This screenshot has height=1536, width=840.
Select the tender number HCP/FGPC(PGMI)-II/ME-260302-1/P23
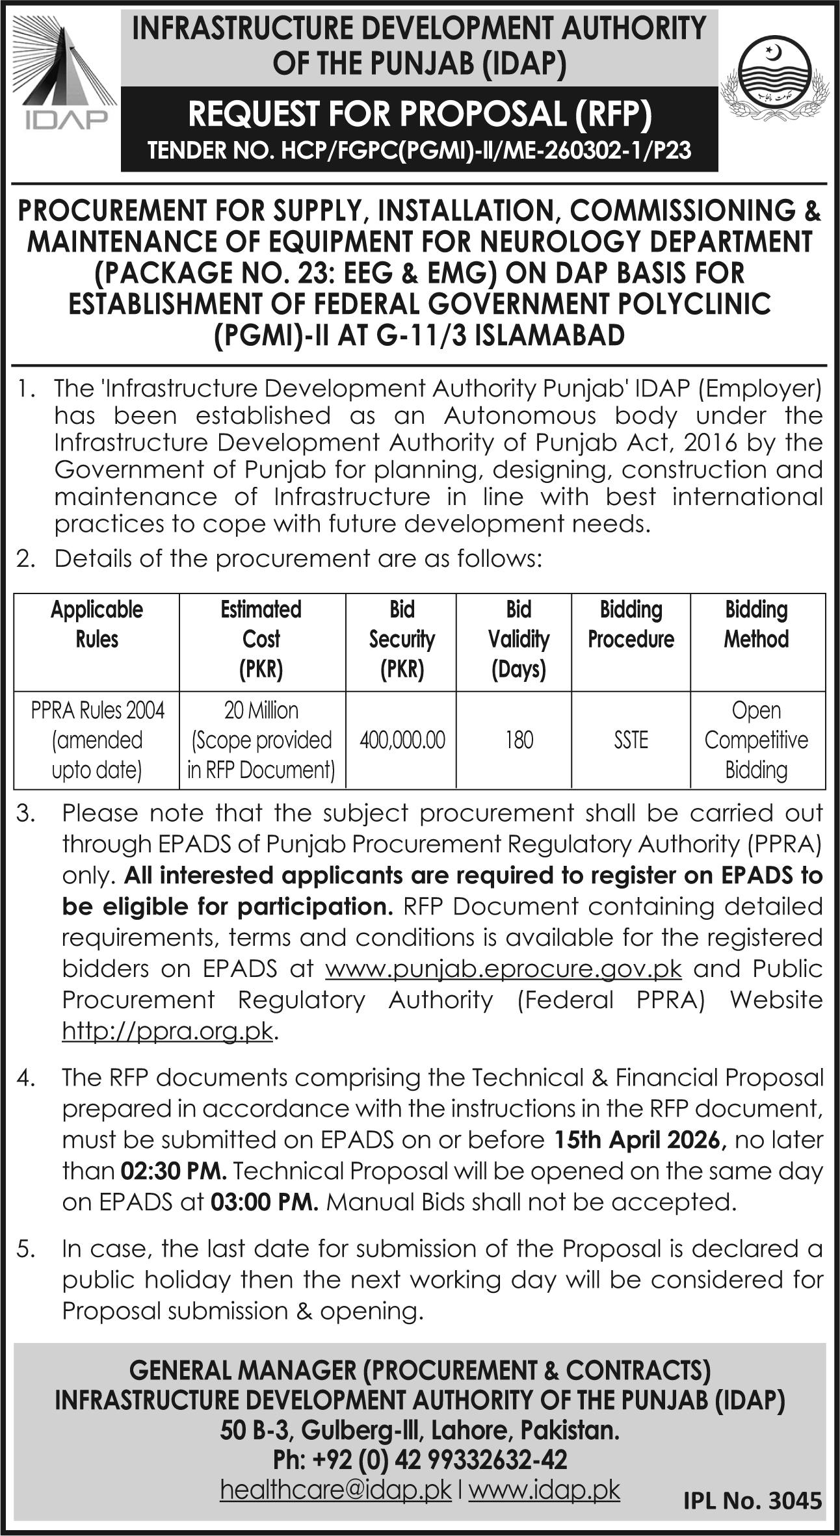pos(419,152)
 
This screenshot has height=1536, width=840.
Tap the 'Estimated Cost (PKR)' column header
pos(261,639)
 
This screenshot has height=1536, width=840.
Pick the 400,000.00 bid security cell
pos(402,740)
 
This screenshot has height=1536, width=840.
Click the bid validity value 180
pos(519,740)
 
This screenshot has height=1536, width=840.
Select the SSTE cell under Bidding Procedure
pos(631,740)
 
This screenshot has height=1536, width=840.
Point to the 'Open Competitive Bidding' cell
pos(756,740)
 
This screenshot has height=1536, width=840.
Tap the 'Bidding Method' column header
pos(756,625)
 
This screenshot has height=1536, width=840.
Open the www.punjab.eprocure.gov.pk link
pos(503,969)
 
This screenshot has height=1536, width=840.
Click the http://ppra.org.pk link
pos(167,1032)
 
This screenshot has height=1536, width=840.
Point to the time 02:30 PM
pos(174,1171)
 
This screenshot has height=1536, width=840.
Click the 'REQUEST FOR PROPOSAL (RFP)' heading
pos(419,114)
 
